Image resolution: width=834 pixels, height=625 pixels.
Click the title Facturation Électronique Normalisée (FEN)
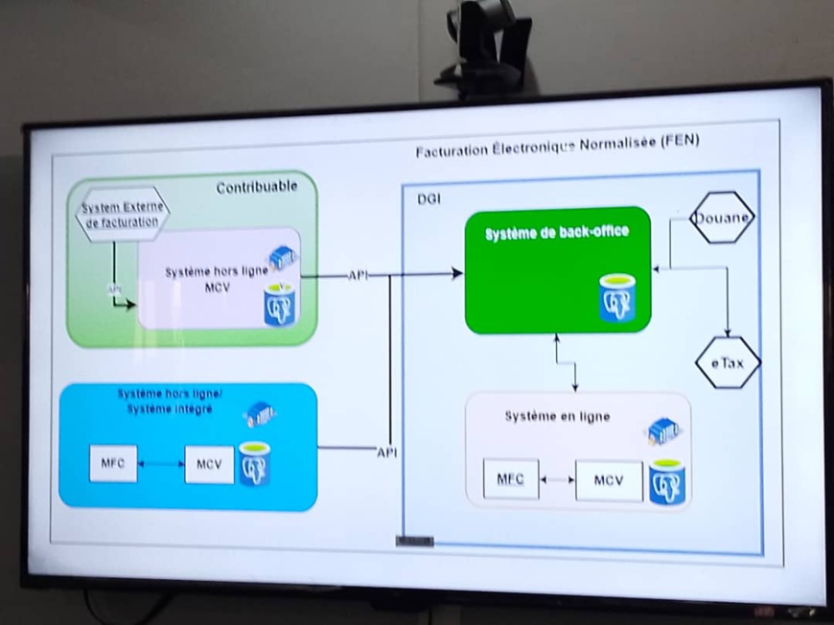pos(557,142)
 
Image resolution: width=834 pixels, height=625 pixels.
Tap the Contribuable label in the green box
pos(256,187)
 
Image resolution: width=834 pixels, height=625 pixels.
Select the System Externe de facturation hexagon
pos(122,214)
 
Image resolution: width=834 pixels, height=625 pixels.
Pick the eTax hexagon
pos(727,363)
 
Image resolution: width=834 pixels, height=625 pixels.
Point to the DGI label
pos(430,197)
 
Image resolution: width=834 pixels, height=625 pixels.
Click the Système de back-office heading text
pos(556,233)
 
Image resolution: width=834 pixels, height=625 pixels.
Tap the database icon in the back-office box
pos(617,297)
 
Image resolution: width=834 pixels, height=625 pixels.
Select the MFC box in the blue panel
pos(113,464)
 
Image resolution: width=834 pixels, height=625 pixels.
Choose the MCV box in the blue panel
pos(209,465)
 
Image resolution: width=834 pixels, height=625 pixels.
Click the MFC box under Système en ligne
pos(510,479)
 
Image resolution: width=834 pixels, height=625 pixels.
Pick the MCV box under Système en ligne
pos(609,480)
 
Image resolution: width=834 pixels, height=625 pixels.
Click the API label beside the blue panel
pos(386,451)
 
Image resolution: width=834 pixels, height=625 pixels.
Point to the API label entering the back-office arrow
pos(358,275)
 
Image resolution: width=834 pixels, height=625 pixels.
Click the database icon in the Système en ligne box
pos(667,482)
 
